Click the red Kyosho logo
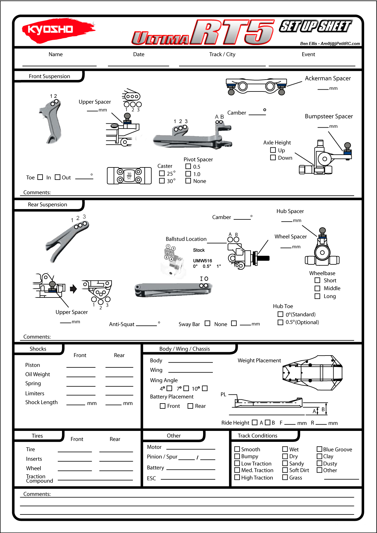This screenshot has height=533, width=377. click(x=58, y=29)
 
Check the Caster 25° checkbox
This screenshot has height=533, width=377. click(x=162, y=173)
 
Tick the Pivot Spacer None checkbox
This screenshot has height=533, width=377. click(x=188, y=181)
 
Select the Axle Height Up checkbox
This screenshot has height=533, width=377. click(x=273, y=150)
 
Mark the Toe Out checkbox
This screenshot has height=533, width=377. click(x=57, y=177)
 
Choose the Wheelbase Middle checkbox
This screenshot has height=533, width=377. click(x=317, y=288)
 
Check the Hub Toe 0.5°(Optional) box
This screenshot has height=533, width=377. click(x=280, y=322)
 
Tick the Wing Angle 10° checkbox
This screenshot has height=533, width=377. click(x=205, y=388)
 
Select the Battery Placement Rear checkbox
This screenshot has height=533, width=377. click(x=190, y=406)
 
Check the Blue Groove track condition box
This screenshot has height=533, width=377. click(x=319, y=449)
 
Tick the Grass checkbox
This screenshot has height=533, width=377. click(x=285, y=477)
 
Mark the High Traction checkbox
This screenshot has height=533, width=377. click(x=237, y=477)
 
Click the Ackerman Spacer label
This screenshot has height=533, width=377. click(x=328, y=78)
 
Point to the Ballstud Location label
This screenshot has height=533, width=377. click(x=186, y=239)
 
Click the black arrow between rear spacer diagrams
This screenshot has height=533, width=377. click(x=73, y=289)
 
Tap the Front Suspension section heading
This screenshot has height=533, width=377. click(x=49, y=76)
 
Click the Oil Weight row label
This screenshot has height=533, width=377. click(x=38, y=374)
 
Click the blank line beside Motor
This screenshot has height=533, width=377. click(x=191, y=449)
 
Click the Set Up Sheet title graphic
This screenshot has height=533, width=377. click(x=315, y=26)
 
